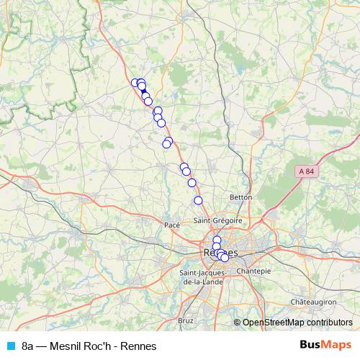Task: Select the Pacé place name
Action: [172, 225]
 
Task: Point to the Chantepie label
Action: [253, 271]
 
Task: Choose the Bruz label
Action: [186, 320]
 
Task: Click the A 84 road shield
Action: [305, 171]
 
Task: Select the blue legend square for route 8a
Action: [10, 346]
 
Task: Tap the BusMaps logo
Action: [326, 346]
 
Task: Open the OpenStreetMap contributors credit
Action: [297, 323]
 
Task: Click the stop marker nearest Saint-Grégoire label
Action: [198, 200]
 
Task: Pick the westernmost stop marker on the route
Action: [135, 83]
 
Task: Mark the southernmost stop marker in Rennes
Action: [225, 258]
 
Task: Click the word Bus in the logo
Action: [312, 346]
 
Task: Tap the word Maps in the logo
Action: [338, 346]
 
